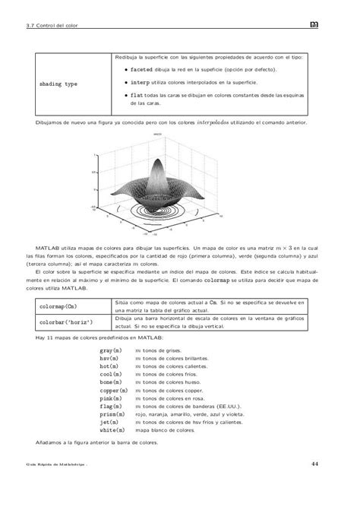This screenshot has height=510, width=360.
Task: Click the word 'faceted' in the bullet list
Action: point(143,70)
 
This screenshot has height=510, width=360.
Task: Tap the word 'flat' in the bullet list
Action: point(137,95)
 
